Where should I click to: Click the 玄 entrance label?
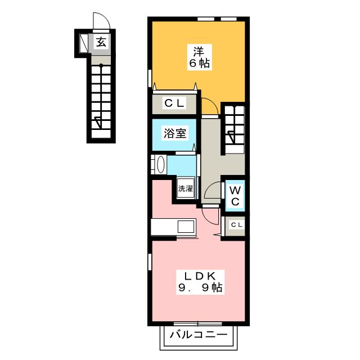point(101,42)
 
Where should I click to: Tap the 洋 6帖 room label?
point(199,57)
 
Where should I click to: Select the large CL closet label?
point(174,103)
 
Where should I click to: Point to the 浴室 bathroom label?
point(175,133)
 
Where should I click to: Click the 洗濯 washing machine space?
point(186,188)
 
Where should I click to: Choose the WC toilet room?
point(235,196)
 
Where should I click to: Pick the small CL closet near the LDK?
point(235,226)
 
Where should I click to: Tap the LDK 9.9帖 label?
point(200,282)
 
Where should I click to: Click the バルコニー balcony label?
point(199,335)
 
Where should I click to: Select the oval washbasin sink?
point(161,164)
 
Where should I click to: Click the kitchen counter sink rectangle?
point(186,227)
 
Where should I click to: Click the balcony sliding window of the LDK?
point(197,323)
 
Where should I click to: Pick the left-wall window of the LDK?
point(150,262)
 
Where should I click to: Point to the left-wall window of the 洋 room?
point(150,79)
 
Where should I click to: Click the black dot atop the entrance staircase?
point(101,66)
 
